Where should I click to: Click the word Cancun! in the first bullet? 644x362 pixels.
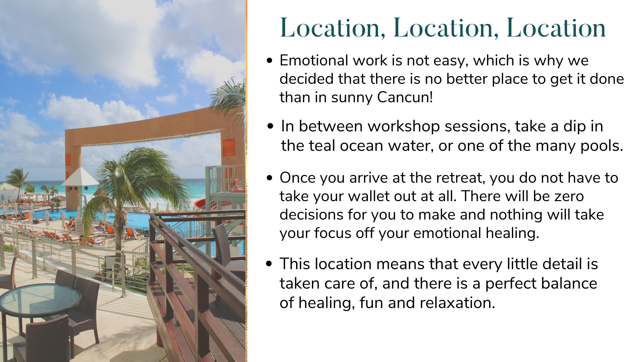[x=405, y=97]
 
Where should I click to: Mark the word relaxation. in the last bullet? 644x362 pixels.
[x=457, y=303]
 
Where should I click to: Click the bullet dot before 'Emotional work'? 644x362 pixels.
[x=269, y=61]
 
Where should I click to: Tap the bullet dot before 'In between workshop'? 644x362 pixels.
[x=271, y=127]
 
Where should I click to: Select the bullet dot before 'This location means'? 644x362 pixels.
[x=269, y=264]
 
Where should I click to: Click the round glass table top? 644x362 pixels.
[x=40, y=299]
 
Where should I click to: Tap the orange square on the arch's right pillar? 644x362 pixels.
[x=229, y=148]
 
